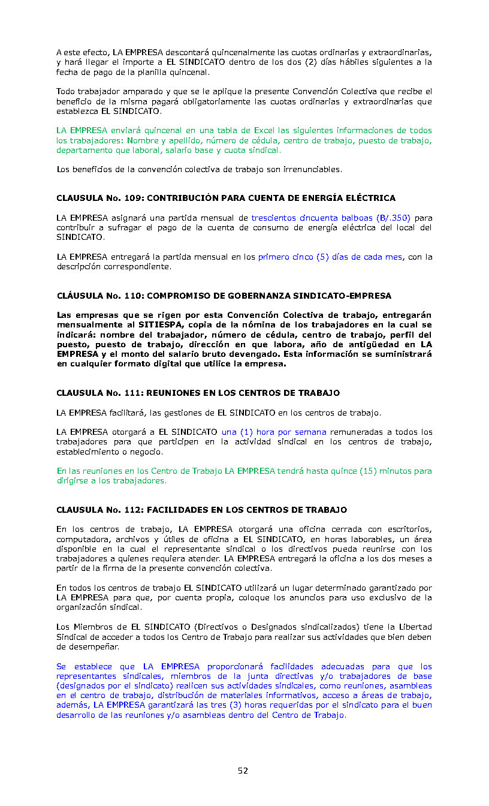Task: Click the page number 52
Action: pyautogui.click(x=243, y=771)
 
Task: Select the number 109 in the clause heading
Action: pyautogui.click(x=134, y=198)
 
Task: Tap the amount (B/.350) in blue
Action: pyautogui.click(x=393, y=218)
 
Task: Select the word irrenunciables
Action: pyautogui.click(x=311, y=169)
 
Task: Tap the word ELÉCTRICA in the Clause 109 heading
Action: pyautogui.click(x=373, y=198)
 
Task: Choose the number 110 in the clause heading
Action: pyautogui.click(x=134, y=296)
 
